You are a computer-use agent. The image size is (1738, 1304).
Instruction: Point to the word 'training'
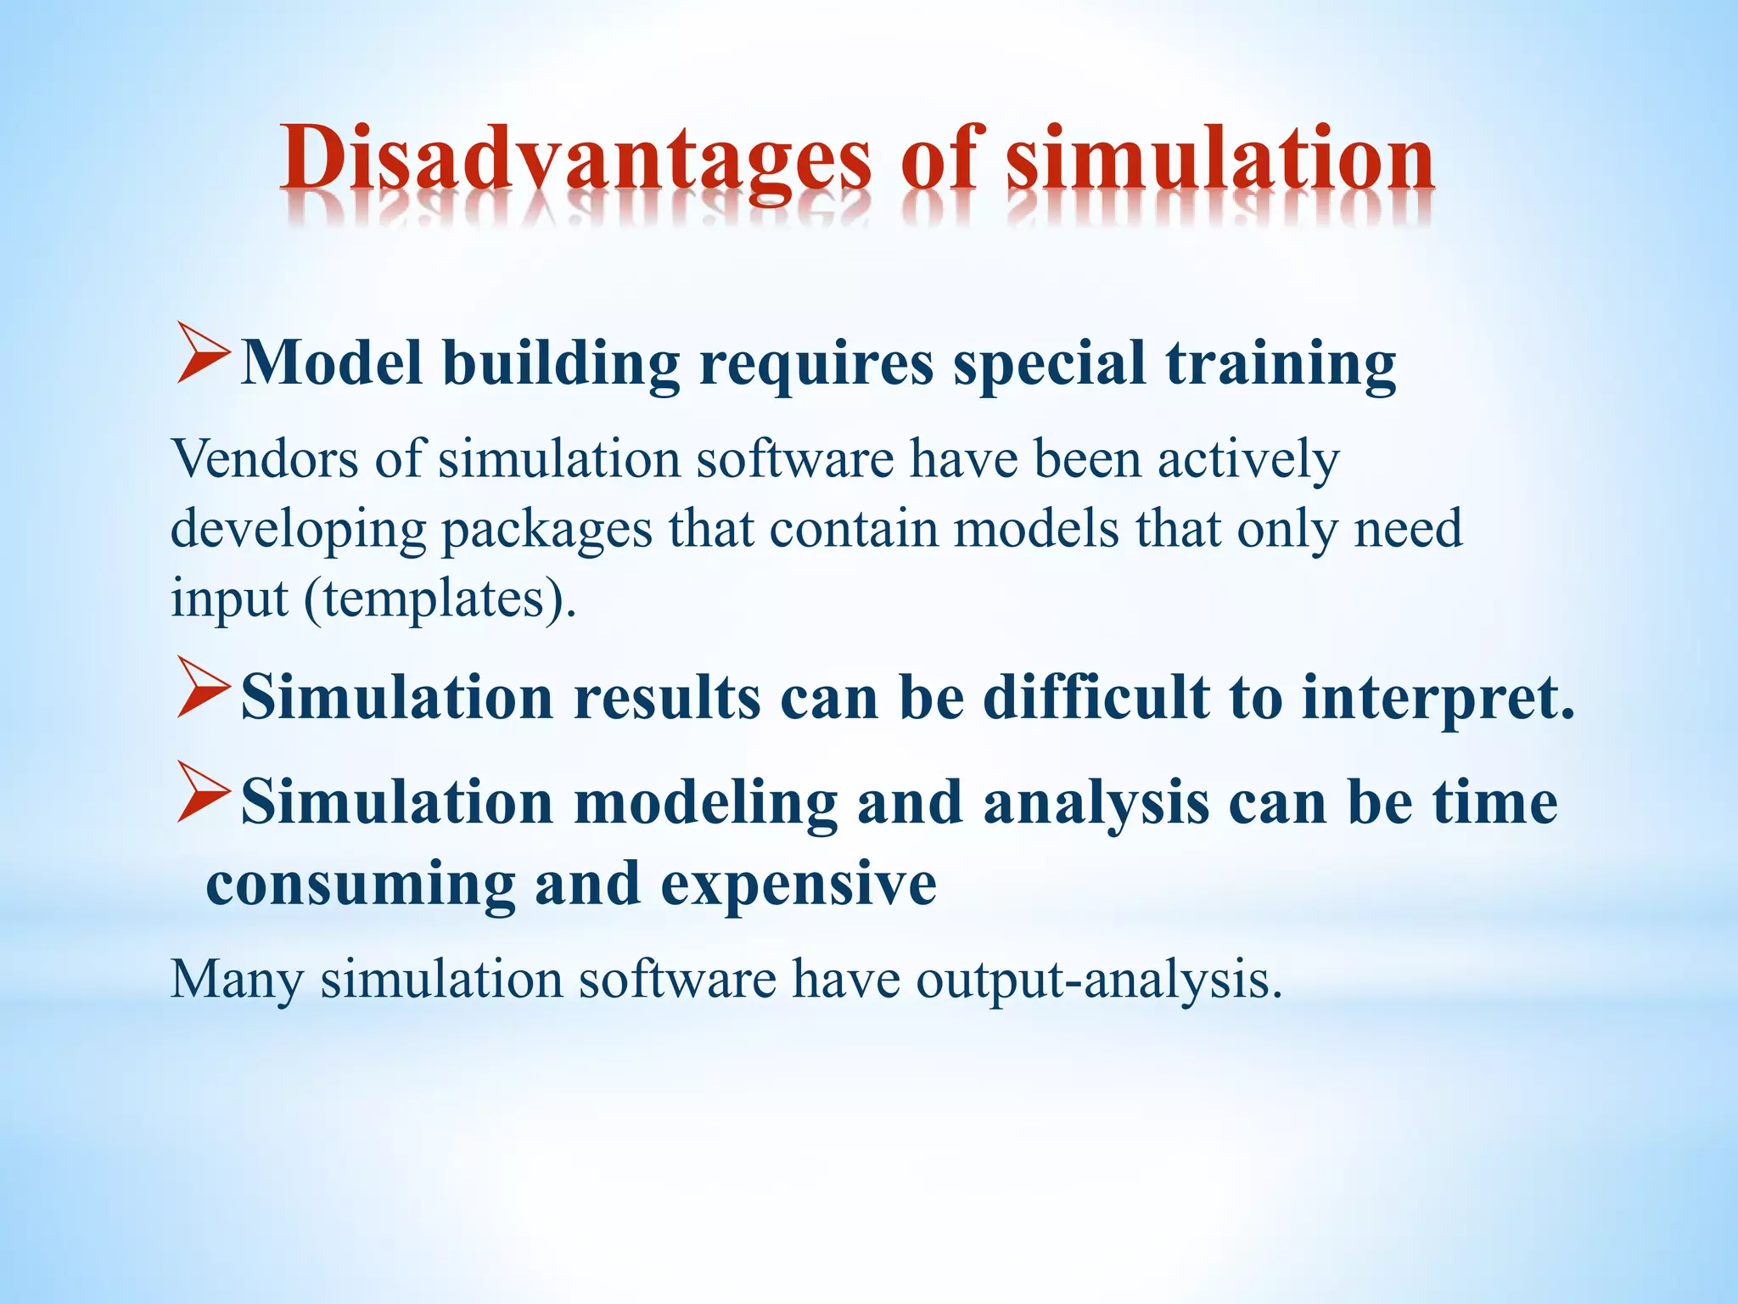pyautogui.click(x=1281, y=365)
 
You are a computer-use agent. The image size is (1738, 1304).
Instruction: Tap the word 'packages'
pyautogui.click(x=547, y=531)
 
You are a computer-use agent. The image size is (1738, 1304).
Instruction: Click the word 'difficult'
pyautogui.click(x=1096, y=698)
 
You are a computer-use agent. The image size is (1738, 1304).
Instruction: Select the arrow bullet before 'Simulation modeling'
pyautogui.click(x=202, y=793)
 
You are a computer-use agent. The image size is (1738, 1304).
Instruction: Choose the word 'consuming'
pyautogui.click(x=360, y=885)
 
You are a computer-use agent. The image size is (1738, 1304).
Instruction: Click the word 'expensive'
pyautogui.click(x=798, y=885)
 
